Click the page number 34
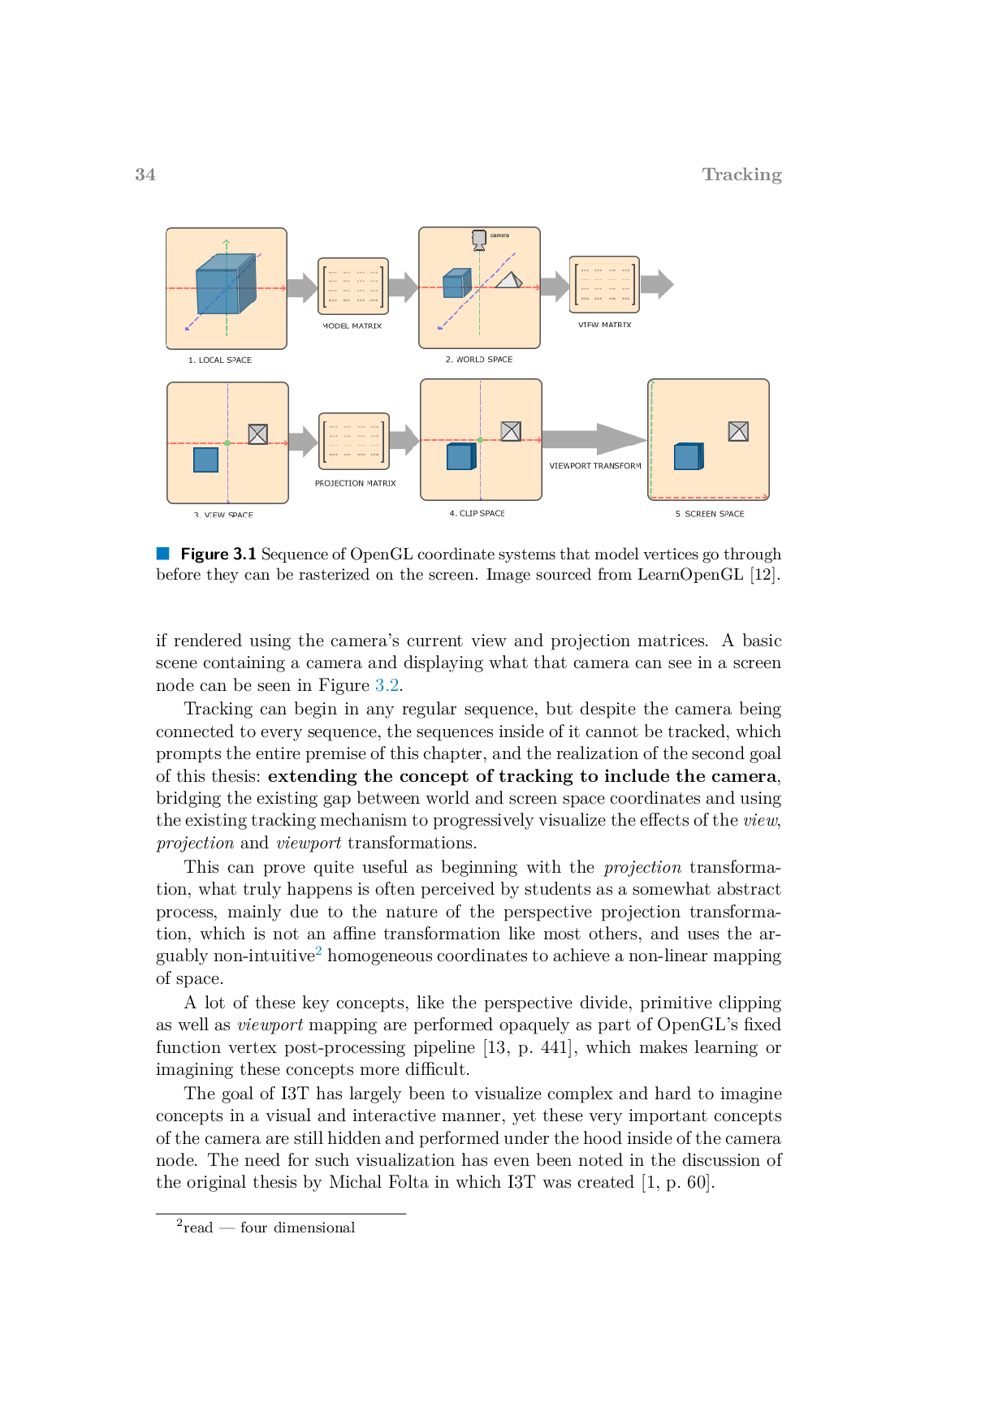coord(145,175)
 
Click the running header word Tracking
coord(741,175)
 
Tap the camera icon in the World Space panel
coord(479,239)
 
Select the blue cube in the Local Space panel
coord(226,283)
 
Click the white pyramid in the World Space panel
coord(509,280)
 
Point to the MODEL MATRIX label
coord(352,326)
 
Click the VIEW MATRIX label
coord(605,325)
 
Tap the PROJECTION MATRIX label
coord(356,483)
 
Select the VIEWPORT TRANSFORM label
coord(595,466)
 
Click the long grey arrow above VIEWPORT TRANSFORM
coord(594,439)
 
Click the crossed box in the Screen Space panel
coord(738,431)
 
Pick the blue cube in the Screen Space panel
coord(689,456)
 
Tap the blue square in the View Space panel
coord(205,460)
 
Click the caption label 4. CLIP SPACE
coord(478,514)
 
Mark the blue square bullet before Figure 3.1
coord(163,554)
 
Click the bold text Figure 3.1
coord(218,554)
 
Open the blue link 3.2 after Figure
coord(387,685)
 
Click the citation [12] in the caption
coord(764,575)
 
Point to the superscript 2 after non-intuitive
coord(319,951)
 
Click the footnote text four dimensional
coord(298,1228)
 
